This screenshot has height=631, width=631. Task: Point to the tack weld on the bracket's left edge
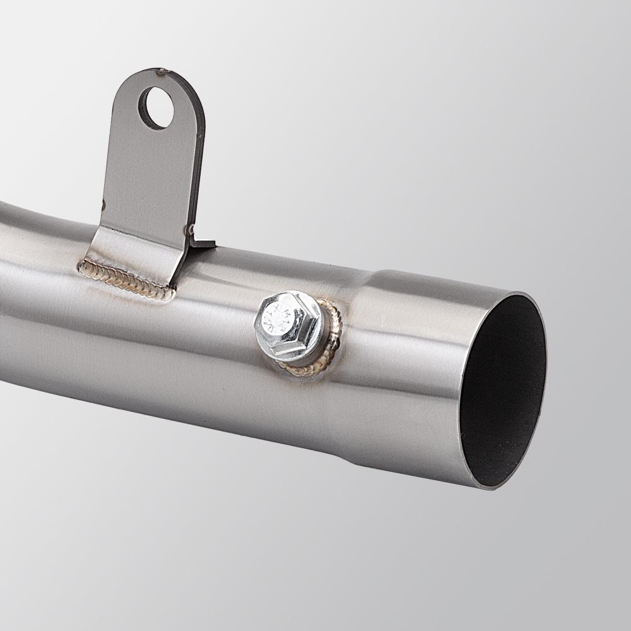103,203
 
